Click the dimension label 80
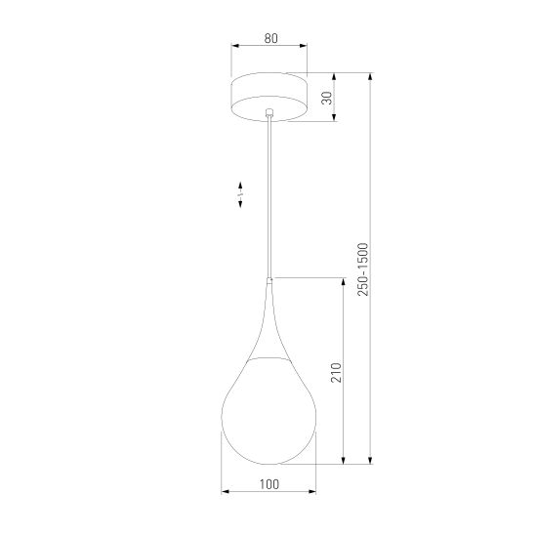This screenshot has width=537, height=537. click(268, 40)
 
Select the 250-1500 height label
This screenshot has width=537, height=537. click(362, 268)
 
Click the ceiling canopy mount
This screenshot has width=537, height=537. click(268, 95)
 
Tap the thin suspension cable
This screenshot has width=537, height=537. click(268, 195)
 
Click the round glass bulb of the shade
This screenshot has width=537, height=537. click(268, 410)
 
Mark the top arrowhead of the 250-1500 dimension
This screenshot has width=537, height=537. click(370, 76)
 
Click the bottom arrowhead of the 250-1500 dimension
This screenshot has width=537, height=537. click(370, 458)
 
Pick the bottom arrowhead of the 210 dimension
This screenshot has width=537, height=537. click(342, 458)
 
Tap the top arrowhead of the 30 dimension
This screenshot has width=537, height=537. click(335, 76)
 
